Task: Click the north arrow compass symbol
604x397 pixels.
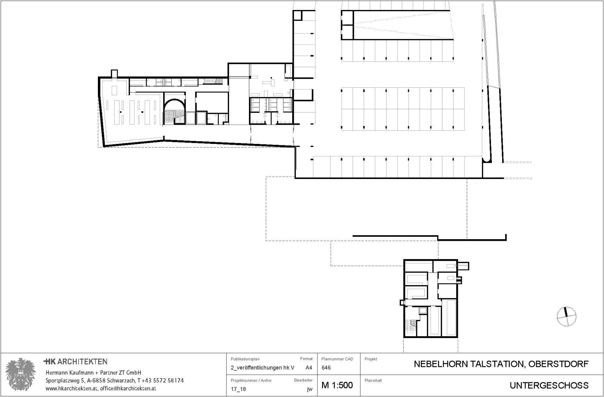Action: click(566, 316)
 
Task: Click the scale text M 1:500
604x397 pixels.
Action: click(337, 385)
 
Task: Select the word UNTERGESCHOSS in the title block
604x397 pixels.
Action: click(549, 385)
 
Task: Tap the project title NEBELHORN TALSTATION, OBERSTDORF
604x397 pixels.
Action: click(501, 364)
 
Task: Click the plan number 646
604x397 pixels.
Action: click(326, 368)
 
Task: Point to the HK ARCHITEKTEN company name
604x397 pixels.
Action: click(76, 362)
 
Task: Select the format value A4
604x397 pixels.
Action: click(309, 368)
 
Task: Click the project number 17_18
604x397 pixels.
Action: click(238, 389)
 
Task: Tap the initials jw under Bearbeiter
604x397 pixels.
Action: click(309, 389)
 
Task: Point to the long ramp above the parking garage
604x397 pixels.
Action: click(402, 25)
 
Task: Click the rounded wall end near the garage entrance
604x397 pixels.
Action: click(487, 160)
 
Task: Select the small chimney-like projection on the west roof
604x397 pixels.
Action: click(114, 73)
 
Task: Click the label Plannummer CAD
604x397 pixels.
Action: click(337, 359)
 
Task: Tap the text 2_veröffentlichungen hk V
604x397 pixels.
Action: click(262, 368)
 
